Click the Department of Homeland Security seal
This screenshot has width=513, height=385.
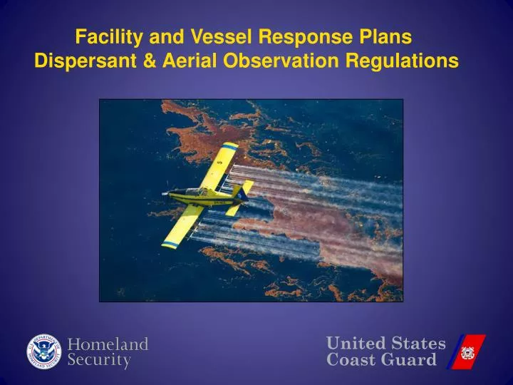[x=45, y=352]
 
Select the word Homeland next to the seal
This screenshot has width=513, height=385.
[x=108, y=344]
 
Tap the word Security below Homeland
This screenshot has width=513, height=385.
[x=99, y=361]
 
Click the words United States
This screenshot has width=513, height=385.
[x=385, y=344]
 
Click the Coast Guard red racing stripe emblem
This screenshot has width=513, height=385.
[x=466, y=351]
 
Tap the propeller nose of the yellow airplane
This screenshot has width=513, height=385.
[x=166, y=192]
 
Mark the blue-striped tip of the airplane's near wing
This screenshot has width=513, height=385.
[x=170, y=245]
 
